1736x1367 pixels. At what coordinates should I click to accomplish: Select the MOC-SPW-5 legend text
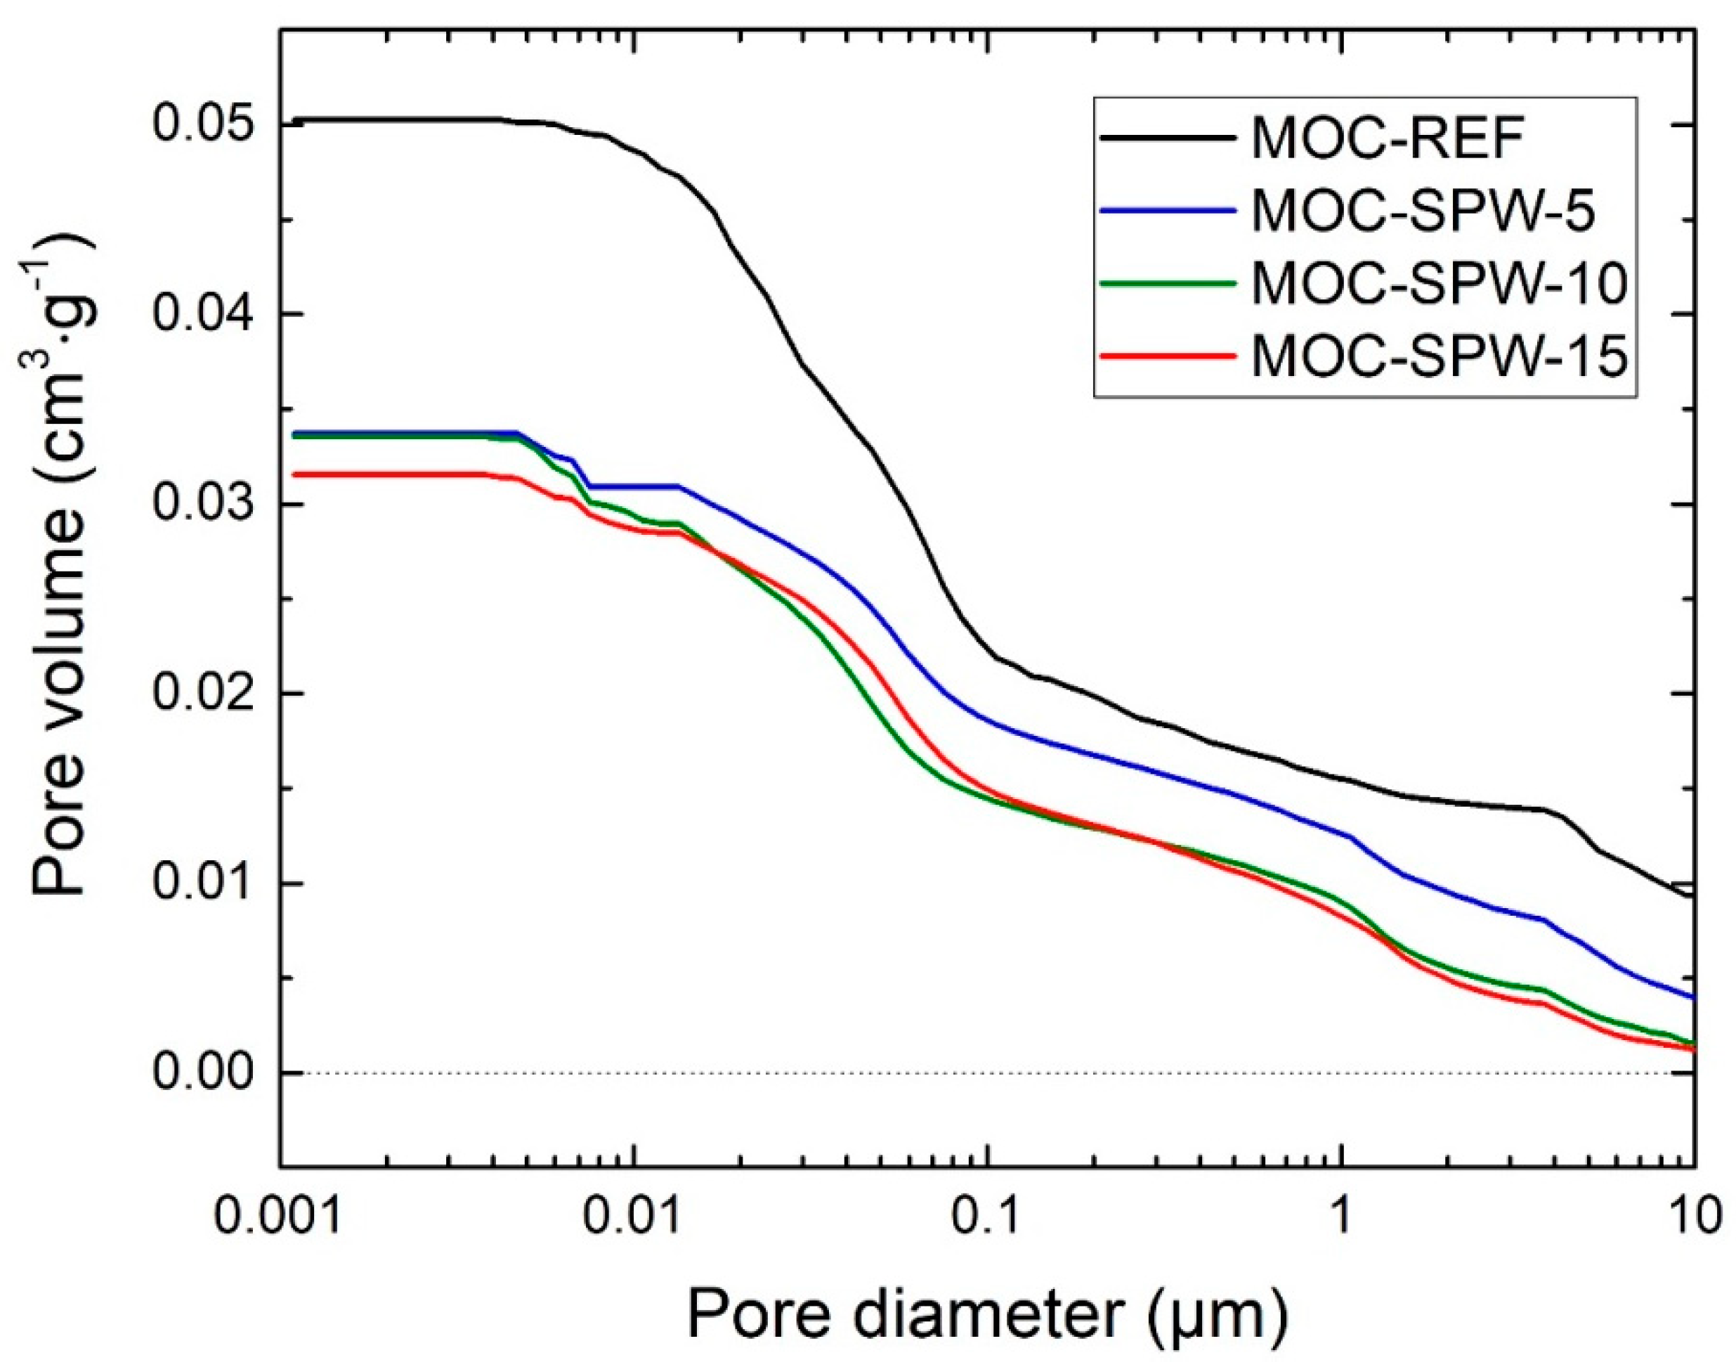(x=1421, y=212)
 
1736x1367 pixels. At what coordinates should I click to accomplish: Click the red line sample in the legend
(x=1165, y=354)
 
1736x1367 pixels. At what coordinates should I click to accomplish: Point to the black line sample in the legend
(x=1165, y=138)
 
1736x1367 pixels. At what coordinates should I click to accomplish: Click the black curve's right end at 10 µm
(x=1691, y=895)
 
